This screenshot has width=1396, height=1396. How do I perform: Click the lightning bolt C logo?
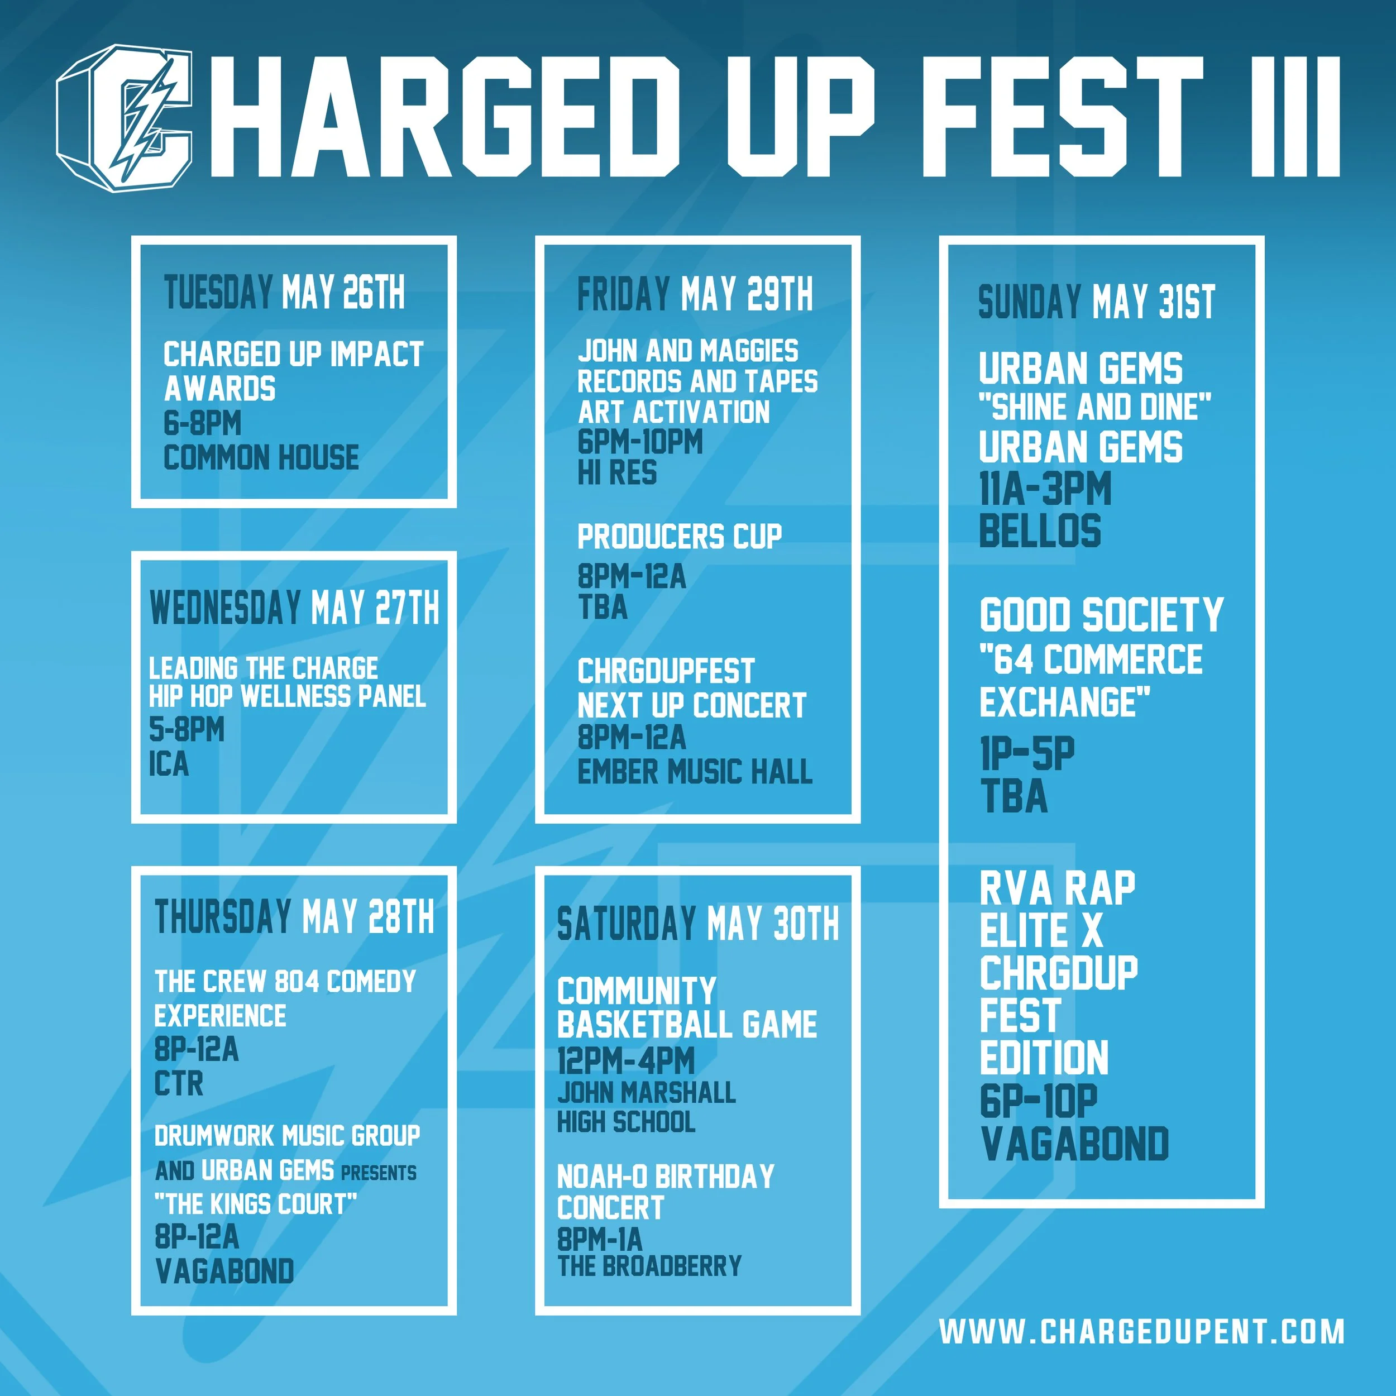(125, 118)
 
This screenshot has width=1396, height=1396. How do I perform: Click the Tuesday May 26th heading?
(284, 293)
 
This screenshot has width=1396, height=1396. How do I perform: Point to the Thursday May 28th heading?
(294, 917)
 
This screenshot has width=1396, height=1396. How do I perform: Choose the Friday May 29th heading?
(695, 294)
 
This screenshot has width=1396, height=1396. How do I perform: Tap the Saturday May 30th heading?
(697, 924)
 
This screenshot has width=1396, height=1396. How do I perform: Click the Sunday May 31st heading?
(1096, 302)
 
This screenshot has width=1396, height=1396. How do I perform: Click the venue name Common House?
(261, 457)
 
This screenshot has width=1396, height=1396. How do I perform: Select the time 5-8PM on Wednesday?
(187, 730)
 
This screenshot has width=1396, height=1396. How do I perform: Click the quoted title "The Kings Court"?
(256, 1204)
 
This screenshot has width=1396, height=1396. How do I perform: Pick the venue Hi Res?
(617, 472)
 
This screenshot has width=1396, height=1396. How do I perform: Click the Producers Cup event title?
(679, 536)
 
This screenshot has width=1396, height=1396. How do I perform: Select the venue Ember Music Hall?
(695, 772)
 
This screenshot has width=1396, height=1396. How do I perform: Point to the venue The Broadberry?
(649, 1265)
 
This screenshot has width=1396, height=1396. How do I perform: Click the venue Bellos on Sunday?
(1040, 531)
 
